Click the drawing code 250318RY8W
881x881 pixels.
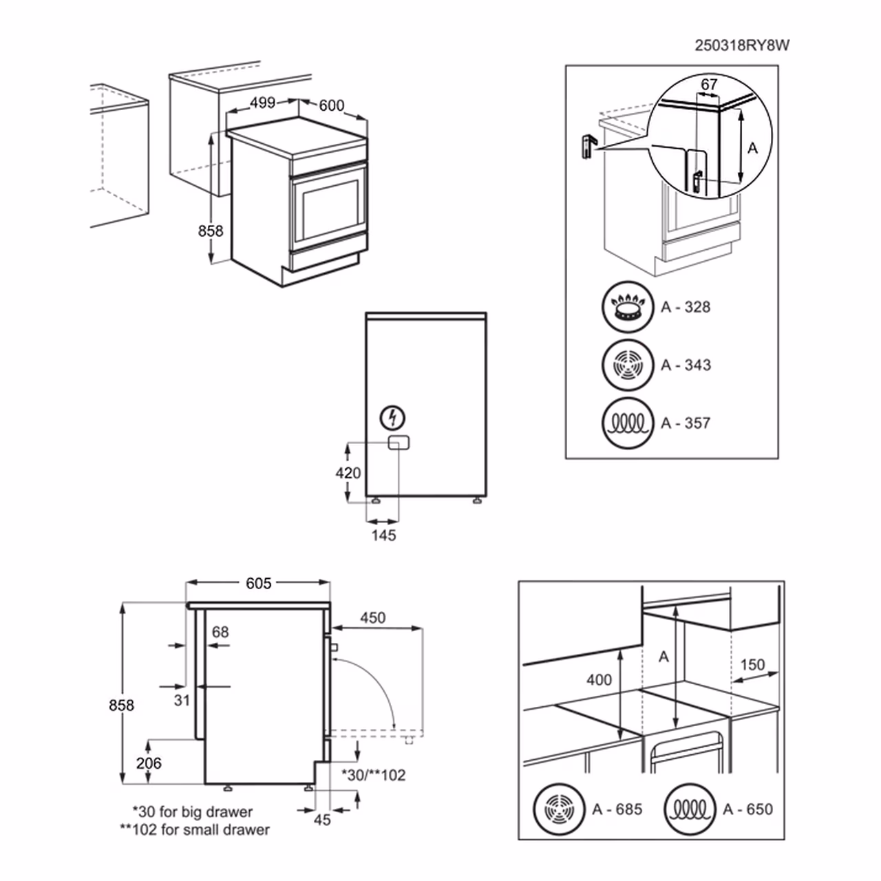(742, 45)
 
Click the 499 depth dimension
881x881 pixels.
(262, 103)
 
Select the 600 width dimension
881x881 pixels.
(331, 106)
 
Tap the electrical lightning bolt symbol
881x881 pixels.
(393, 416)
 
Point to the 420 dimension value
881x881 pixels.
(348, 474)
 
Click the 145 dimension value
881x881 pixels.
(383, 535)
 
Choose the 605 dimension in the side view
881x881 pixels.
(259, 583)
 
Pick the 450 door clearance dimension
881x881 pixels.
(372, 617)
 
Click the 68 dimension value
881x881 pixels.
(220, 632)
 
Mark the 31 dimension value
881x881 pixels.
(182, 700)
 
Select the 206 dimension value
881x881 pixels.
(149, 763)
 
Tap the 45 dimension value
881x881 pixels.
(322, 819)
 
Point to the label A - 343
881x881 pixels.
(686, 365)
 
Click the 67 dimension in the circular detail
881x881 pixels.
(709, 85)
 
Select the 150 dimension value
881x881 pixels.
(752, 665)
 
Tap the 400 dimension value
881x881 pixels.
(599, 680)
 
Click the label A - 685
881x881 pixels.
(617, 809)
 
